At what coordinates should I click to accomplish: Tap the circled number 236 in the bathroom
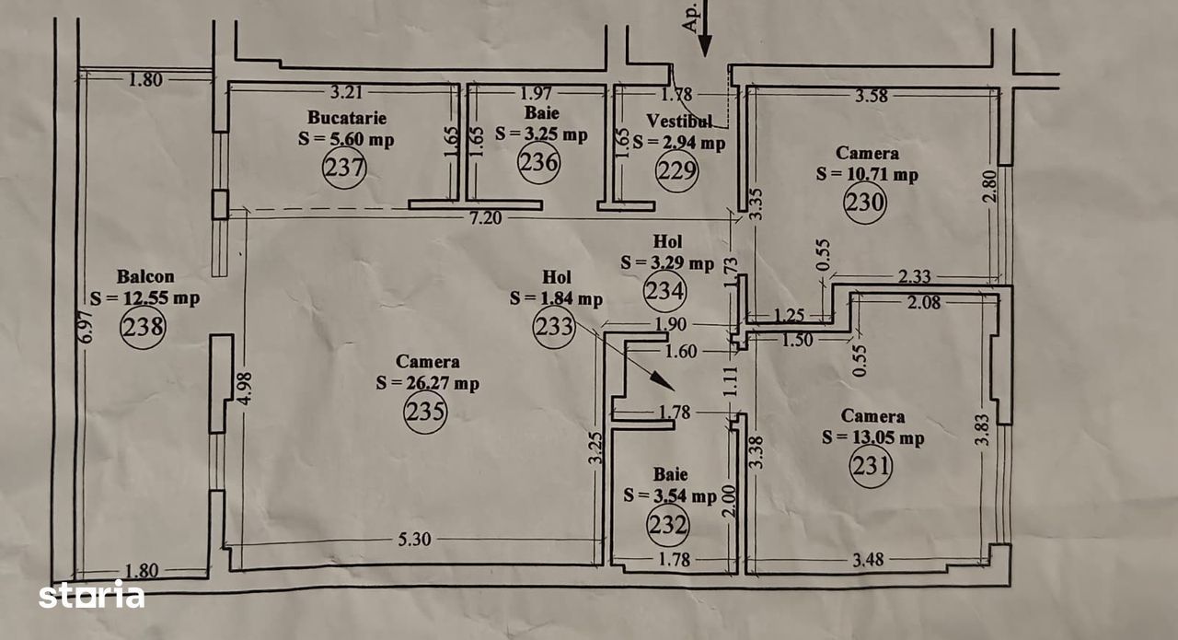[538, 163]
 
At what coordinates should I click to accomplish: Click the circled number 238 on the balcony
[143, 326]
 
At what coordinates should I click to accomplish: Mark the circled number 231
[871, 466]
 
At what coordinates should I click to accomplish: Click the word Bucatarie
[347, 118]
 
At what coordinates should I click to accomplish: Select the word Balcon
[145, 276]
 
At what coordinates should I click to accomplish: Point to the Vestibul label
[679, 121]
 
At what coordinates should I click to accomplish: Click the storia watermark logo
[91, 595]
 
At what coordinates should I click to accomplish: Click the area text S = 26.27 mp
[428, 384]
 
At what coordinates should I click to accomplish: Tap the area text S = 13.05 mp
[873, 438]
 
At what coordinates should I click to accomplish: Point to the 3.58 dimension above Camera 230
[873, 95]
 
